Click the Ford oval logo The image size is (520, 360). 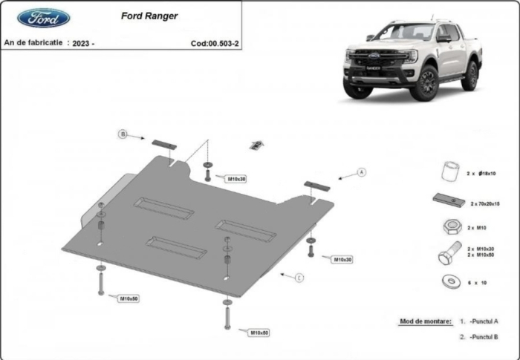(44, 18)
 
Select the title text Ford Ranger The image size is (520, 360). (149, 16)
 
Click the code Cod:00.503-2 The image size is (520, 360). (215, 43)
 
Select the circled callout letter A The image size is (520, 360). (362, 172)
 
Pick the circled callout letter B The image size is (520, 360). (123, 134)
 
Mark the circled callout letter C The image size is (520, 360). (299, 278)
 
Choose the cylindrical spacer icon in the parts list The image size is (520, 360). (447, 171)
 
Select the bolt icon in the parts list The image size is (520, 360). (446, 255)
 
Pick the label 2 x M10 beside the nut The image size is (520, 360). (477, 228)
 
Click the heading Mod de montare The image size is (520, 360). (425, 321)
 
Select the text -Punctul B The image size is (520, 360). (484, 338)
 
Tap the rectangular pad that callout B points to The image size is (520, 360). (163, 144)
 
